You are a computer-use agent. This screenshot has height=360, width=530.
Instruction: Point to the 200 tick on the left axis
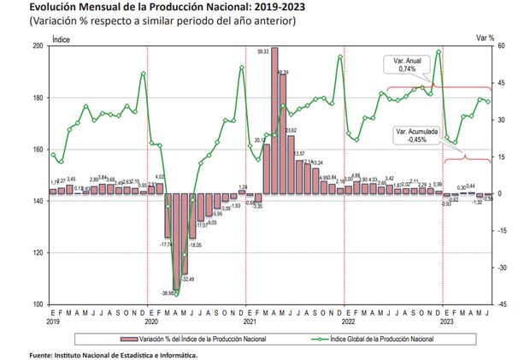(x=39, y=46)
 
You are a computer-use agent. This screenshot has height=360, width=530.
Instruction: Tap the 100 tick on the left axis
(x=39, y=304)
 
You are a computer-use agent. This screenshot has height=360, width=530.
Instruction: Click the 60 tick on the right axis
(x=503, y=46)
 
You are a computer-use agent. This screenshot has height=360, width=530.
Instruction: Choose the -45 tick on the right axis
(x=503, y=304)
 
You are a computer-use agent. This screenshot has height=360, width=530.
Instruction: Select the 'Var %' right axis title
(x=486, y=38)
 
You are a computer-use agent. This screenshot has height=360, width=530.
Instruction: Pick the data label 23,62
(x=291, y=130)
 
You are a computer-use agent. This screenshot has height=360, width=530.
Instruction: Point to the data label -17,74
(x=165, y=245)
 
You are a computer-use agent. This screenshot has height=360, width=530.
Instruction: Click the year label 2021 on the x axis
(x=250, y=322)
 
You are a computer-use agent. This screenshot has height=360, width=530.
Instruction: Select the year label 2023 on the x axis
(x=446, y=322)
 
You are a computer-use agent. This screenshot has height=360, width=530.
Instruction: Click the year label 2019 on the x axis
(x=53, y=322)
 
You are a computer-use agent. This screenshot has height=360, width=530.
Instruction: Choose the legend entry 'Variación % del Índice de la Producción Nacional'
(x=205, y=339)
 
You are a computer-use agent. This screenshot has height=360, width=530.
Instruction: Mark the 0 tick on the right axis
(x=501, y=193)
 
